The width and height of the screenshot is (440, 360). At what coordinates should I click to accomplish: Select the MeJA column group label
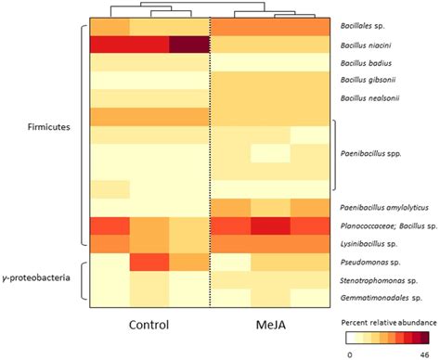tap(269, 326)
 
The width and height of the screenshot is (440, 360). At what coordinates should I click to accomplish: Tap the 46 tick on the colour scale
tap(423, 354)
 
